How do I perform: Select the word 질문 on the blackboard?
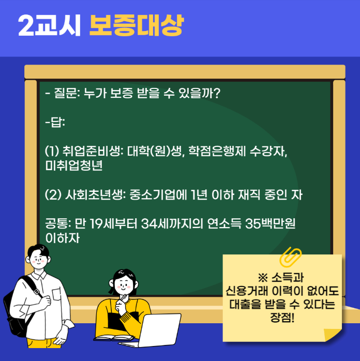point(65,95)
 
